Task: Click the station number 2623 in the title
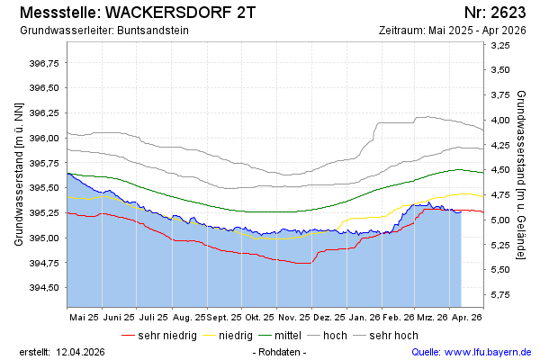click(x=507, y=13)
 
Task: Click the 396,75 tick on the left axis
click(x=44, y=63)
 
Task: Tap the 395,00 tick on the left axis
click(x=44, y=238)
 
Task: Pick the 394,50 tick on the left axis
click(x=44, y=287)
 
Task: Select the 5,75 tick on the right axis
click(x=501, y=294)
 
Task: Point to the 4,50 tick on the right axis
click(x=501, y=170)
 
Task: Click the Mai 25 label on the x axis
click(x=83, y=318)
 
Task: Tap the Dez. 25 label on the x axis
click(x=329, y=318)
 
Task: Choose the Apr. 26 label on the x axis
click(x=467, y=318)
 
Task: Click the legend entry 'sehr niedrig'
click(x=166, y=336)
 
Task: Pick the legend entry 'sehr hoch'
click(x=393, y=336)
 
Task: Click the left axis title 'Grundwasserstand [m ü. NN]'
click(x=18, y=174)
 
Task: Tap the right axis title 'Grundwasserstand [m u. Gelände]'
click(x=522, y=174)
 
